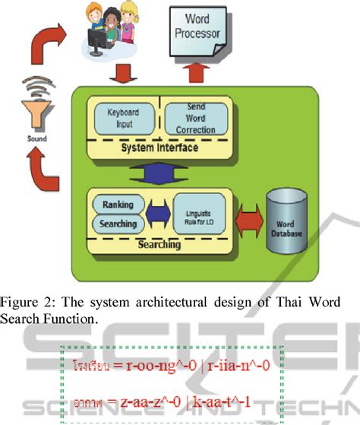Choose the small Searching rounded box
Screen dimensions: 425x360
(x=118, y=224)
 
